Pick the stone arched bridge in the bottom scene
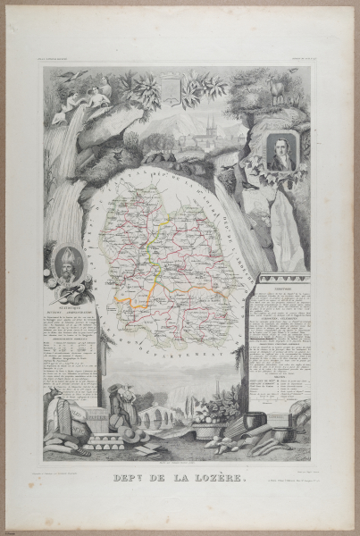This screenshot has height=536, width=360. (x=160, y=415)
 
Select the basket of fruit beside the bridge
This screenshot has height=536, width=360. (x=210, y=416)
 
